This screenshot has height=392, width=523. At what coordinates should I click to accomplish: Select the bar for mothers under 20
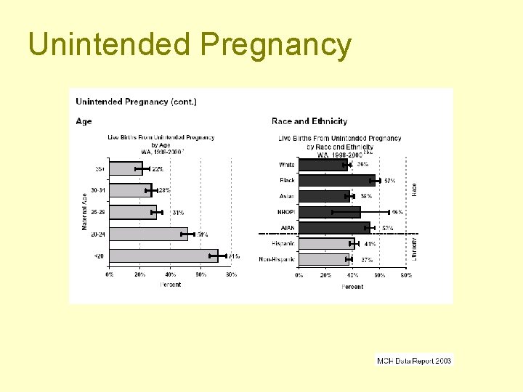click(x=163, y=256)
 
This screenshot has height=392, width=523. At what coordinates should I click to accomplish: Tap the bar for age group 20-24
click(x=148, y=234)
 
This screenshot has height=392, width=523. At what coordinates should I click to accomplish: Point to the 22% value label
click(x=158, y=168)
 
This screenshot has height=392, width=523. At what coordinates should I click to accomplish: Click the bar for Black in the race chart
click(x=337, y=180)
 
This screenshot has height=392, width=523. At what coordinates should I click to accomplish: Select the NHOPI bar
click(x=330, y=212)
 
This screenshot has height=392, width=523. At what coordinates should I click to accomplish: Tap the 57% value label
click(x=389, y=181)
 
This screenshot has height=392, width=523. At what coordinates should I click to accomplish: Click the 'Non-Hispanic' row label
click(x=277, y=259)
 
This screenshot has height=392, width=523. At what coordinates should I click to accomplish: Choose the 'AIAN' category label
click(x=287, y=228)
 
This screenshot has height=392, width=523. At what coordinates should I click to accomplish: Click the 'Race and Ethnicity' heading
click(x=309, y=121)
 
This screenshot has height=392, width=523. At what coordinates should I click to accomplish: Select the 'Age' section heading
click(x=84, y=121)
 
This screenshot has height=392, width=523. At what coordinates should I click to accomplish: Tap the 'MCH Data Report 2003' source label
click(x=414, y=360)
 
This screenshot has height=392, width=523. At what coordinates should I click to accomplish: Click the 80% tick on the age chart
click(x=231, y=275)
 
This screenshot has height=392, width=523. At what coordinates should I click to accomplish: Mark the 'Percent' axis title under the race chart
click(x=352, y=287)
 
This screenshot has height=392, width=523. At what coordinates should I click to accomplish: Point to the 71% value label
click(x=234, y=256)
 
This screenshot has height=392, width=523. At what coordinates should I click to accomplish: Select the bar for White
click(x=324, y=165)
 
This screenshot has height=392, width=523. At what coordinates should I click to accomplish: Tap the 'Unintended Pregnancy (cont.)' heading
click(x=136, y=102)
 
